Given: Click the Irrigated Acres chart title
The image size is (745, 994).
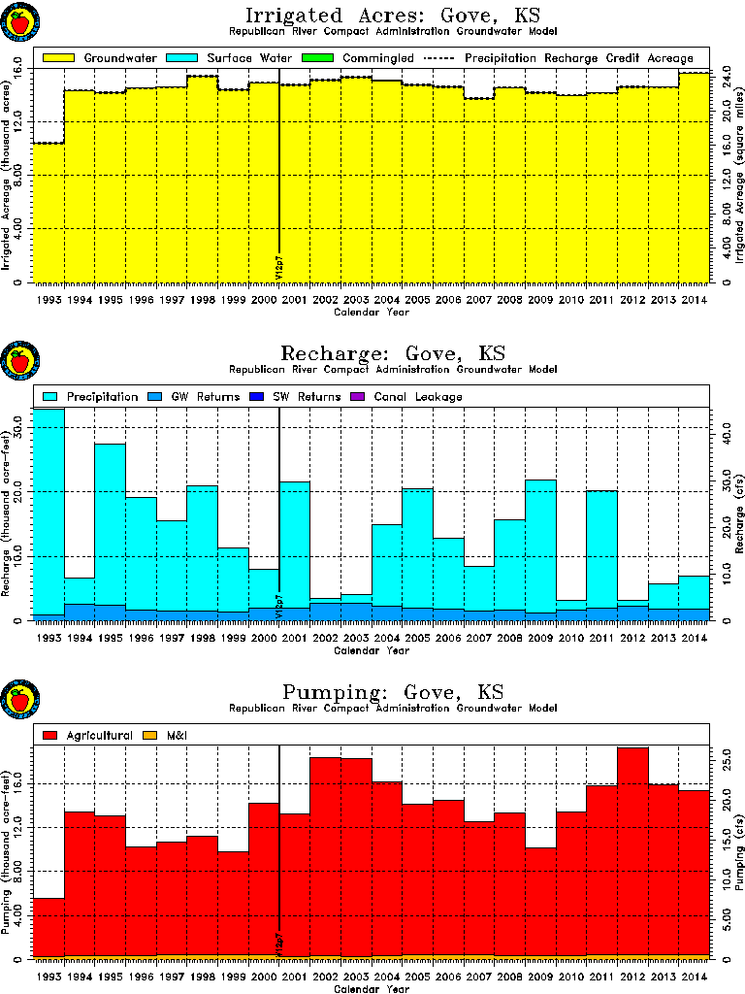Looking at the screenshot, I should click(x=392, y=16).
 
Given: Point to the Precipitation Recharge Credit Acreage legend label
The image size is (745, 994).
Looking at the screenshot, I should click(x=578, y=58).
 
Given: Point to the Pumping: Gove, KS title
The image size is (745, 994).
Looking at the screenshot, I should click(x=392, y=692).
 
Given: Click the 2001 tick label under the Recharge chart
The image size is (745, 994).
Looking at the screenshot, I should click(x=294, y=638).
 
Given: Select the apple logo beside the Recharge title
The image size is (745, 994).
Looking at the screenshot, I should click(x=19, y=362).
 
